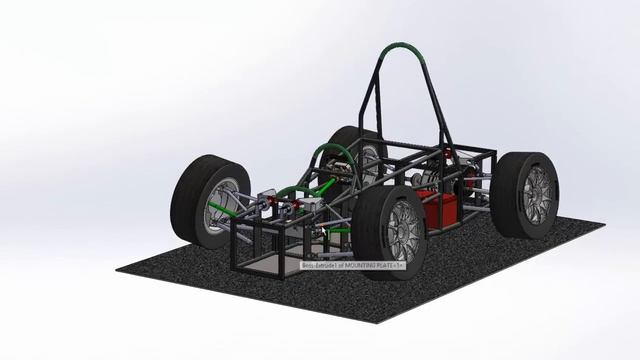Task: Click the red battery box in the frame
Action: tap(439, 210)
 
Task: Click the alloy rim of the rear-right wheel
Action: tap(537, 194)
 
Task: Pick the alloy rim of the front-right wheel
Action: tap(404, 231)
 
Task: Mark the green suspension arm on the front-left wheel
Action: tap(240, 211)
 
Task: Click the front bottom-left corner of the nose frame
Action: tap(235, 268)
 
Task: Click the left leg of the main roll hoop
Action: tap(369, 110)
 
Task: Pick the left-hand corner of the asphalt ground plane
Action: tap(118, 268)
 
